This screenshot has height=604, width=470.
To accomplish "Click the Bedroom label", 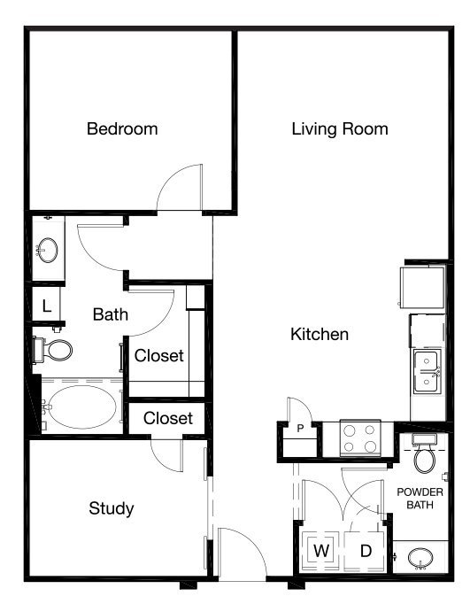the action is pos(122,128).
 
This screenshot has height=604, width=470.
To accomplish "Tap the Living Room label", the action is pos(340,129).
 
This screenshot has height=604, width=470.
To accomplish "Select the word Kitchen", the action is pos(320,334).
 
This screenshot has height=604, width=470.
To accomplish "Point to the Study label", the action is pos(112,508).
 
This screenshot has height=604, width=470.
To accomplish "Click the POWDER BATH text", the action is pos(420,498).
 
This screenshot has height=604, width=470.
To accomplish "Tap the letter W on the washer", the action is pos(321,551).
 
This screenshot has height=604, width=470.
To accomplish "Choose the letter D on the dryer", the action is pos(366,551).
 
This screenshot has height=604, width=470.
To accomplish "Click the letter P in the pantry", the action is pos(301,428).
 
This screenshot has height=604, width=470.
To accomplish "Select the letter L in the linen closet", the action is pos(47,306).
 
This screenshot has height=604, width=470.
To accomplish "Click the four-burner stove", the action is pos(360,438).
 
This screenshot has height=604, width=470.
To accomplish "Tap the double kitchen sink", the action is pos(427,371).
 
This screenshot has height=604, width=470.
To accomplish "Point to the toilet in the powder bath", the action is pos(425,453).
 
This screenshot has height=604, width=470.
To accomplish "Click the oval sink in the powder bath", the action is pos(420,558).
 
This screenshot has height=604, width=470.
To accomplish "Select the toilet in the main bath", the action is pos(53,350).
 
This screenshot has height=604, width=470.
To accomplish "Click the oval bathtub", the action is pos(83,407).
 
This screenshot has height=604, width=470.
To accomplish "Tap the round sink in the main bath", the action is pos(48,251).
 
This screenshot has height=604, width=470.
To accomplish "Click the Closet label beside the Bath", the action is pos(159,355).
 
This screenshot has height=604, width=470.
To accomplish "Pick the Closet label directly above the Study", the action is pos(168,418).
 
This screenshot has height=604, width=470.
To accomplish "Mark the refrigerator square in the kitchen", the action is pos(422,287).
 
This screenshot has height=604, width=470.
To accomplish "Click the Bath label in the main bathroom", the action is pos(111,314).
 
